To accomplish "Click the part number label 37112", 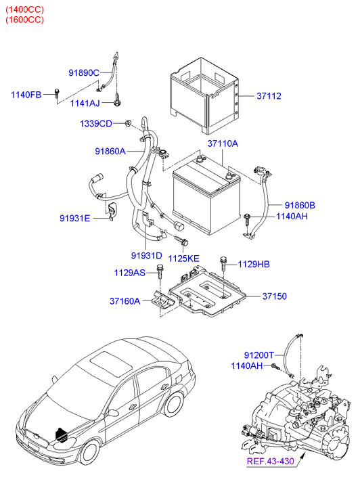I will [x=270, y=96].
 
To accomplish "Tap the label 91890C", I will [x=84, y=72].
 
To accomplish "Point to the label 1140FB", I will [x=26, y=95].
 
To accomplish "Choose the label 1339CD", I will [x=96, y=124].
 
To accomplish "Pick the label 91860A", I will [x=110, y=152].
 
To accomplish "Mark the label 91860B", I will [x=300, y=204].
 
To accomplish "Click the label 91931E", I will [x=75, y=218].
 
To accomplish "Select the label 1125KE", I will [x=184, y=258].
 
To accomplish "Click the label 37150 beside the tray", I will [x=275, y=296].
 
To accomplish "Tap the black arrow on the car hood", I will [x=62, y=434].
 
